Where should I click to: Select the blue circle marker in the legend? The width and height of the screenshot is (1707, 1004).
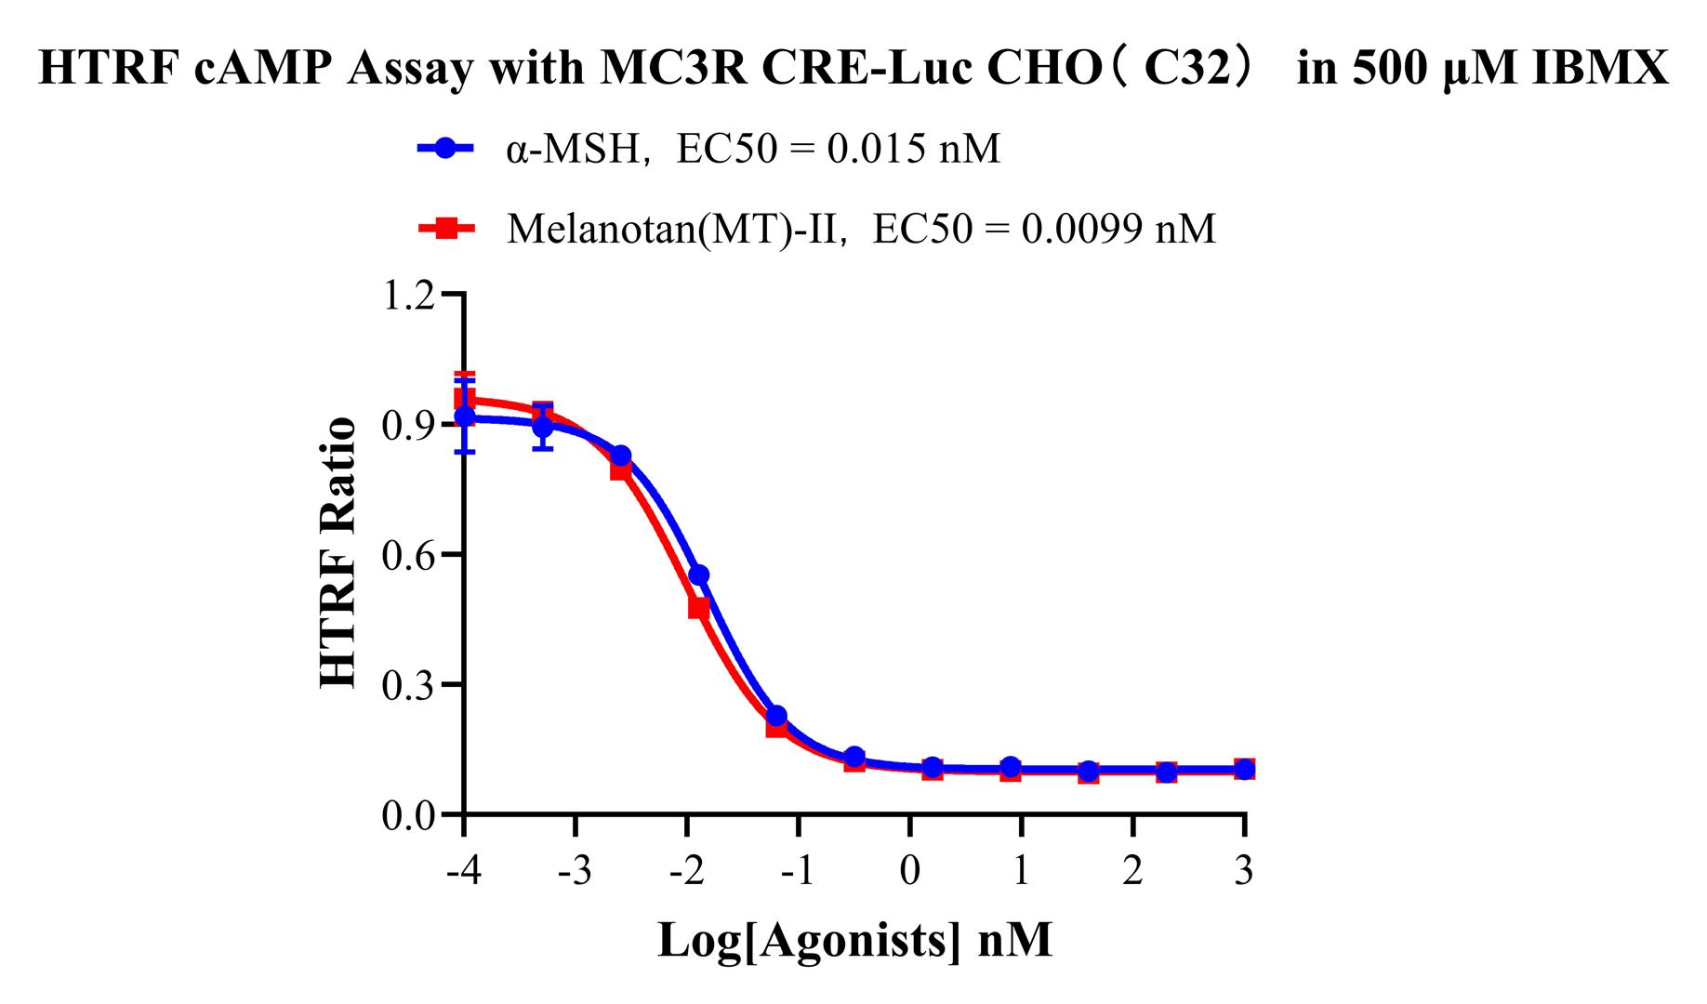[446, 149]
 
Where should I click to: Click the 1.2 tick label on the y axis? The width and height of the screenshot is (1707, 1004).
[409, 296]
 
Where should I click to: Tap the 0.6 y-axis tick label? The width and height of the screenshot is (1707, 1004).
[409, 556]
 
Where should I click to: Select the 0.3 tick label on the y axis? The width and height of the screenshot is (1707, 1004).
[409, 686]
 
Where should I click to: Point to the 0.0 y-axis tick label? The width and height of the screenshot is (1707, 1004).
[409, 816]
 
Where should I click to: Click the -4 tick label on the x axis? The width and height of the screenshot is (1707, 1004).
[463, 872]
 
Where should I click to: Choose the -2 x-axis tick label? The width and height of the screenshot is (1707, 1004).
[686, 872]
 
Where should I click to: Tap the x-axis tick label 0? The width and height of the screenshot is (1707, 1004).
[910, 872]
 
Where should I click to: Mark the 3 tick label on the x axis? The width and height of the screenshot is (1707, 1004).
[1244, 872]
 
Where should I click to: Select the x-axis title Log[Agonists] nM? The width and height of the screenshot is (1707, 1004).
[854, 941]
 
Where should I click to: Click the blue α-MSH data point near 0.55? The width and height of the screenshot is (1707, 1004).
[699, 575]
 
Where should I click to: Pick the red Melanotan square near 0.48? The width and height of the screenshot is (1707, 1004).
[699, 608]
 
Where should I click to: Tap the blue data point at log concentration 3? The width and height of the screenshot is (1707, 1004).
[1244, 770]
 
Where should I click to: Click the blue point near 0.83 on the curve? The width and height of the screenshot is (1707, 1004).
[621, 456]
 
